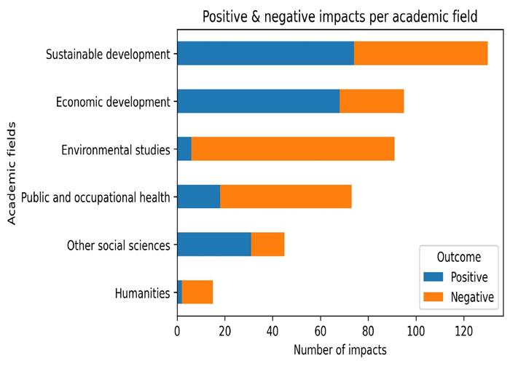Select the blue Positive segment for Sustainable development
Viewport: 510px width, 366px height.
click(x=265, y=54)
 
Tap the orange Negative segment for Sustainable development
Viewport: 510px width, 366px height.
click(x=420, y=54)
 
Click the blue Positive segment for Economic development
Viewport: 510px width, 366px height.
click(x=258, y=102)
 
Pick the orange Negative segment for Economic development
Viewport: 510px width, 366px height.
click(x=372, y=102)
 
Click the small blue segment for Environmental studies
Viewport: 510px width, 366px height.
click(x=184, y=150)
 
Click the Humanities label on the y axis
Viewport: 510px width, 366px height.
click(x=142, y=293)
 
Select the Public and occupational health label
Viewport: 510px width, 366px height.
click(x=95, y=198)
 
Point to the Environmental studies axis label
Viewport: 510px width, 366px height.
click(x=115, y=151)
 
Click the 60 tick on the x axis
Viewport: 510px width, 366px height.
click(x=321, y=330)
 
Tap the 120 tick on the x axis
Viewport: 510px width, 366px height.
click(x=463, y=330)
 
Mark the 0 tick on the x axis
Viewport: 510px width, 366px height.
click(x=177, y=330)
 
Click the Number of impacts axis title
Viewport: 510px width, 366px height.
click(x=330, y=350)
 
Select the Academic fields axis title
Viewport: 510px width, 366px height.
click(x=12, y=175)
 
